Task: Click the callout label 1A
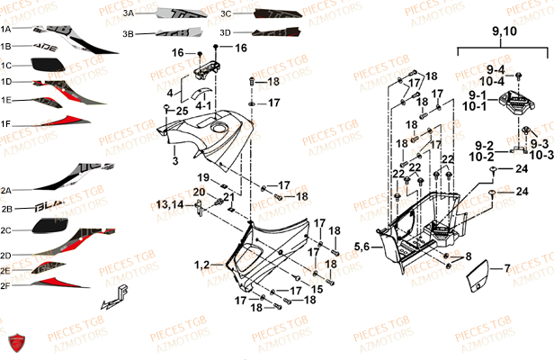(5, 28)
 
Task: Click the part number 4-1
(205, 105)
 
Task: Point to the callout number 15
(316, 289)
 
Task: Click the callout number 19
(204, 175)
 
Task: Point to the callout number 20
(199, 192)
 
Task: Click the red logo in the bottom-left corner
(13, 343)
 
